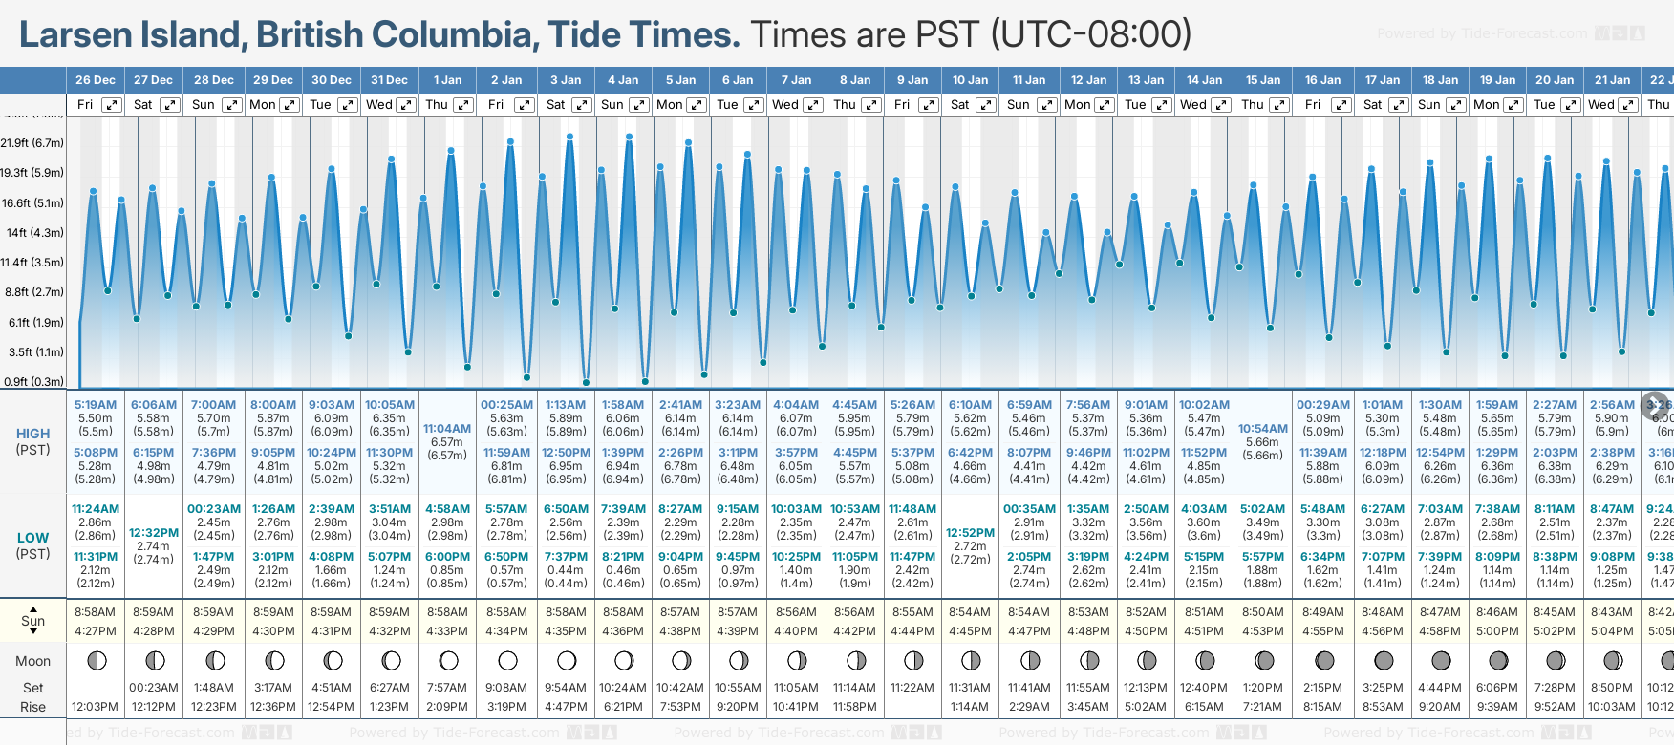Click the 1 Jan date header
click(447, 80)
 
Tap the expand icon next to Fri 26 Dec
click(112, 105)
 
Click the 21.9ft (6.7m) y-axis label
click(32, 143)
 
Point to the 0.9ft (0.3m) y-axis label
click(32, 381)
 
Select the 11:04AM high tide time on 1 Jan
click(447, 429)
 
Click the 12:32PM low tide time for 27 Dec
click(154, 533)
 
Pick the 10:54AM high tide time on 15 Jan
click(1262, 429)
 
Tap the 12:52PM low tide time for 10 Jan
click(970, 533)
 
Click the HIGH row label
click(33, 434)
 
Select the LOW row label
click(32, 538)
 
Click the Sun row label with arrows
click(33, 621)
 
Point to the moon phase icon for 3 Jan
click(567, 660)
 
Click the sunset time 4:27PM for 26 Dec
click(95, 631)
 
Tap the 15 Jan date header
click(1262, 80)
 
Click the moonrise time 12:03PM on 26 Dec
click(95, 707)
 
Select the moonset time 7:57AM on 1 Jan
click(447, 688)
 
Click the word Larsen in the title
click(75, 35)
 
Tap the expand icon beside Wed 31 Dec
click(406, 105)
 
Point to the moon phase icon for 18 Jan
click(1441, 660)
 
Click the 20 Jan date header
click(1555, 80)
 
